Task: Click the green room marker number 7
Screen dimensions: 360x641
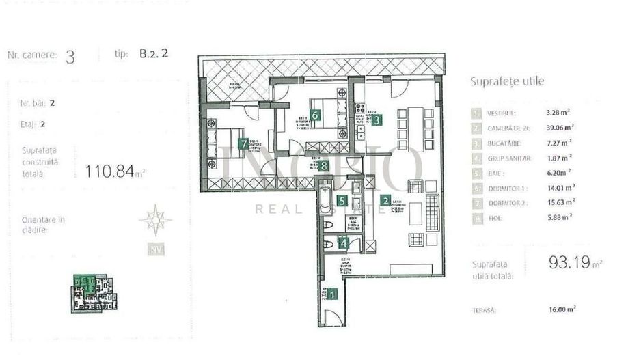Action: pos(244,143)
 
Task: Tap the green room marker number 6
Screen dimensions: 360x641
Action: pos(315,115)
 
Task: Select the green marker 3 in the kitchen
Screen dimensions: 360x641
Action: pos(377,117)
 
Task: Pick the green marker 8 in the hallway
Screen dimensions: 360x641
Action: pos(325,165)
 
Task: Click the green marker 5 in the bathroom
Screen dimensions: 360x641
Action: pos(340,201)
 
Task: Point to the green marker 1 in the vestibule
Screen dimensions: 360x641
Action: pos(332,294)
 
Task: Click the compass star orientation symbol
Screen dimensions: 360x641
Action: pos(155,220)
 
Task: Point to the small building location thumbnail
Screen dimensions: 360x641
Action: pos(93,293)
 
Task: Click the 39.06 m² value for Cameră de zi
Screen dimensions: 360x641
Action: pos(560,127)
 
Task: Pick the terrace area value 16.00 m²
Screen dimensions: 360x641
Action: pos(561,309)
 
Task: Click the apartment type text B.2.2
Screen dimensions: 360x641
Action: pos(154,55)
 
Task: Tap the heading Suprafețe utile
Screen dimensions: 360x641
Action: pos(507,81)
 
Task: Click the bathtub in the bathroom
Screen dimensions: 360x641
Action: pos(325,202)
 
